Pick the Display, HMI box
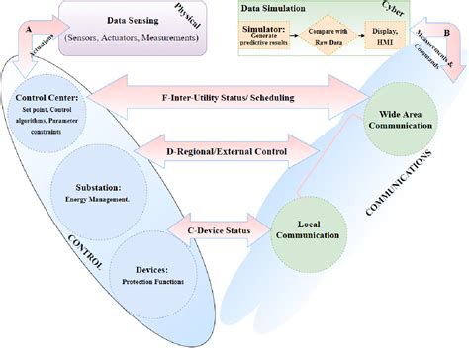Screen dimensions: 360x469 (x=392, y=39)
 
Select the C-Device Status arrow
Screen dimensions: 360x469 (x=226, y=230)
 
